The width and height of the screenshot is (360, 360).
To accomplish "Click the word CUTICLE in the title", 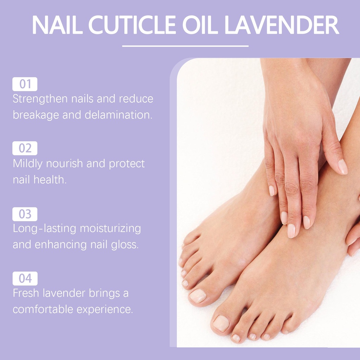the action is (x=132, y=25).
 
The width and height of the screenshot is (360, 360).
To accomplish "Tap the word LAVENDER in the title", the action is (x=282, y=25).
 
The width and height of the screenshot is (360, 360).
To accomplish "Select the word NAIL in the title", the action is (x=57, y=25).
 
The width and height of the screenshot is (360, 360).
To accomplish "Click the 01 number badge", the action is (x=25, y=84).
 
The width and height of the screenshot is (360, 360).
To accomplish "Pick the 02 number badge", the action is (x=25, y=148).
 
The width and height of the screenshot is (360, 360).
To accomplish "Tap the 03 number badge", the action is (x=25, y=214).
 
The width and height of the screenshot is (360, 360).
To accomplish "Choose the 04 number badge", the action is (x=25, y=278).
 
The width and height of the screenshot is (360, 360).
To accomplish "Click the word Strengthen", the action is (x=40, y=99).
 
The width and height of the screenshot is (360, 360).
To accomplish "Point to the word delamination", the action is (x=118, y=115).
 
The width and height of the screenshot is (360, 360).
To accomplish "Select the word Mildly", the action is (x=27, y=164).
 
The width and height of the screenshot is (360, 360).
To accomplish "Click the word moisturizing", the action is (x=110, y=229).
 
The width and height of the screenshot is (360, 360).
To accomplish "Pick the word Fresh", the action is (x=26, y=293).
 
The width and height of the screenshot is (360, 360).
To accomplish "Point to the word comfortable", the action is (x=43, y=309).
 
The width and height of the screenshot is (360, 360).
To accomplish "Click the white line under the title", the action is (x=185, y=46).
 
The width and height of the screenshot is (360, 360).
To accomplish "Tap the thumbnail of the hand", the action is (x=342, y=167).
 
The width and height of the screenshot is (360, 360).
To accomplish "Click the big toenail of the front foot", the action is (x=221, y=323).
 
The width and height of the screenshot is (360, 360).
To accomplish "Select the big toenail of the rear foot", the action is (x=198, y=296).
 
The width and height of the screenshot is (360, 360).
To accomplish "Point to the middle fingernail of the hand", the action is (x=291, y=231).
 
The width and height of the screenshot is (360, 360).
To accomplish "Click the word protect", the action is (x=127, y=164).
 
